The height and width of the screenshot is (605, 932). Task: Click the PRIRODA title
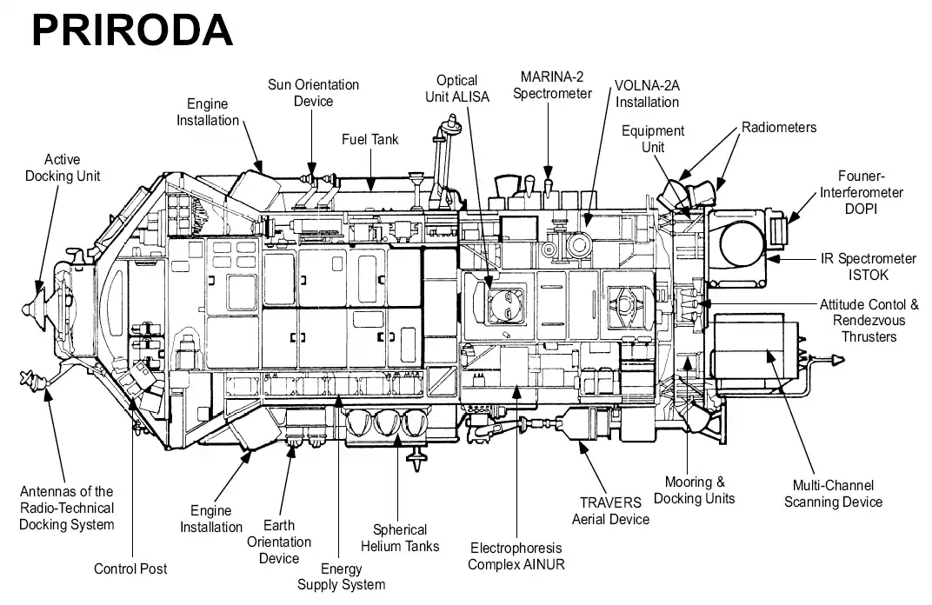pos(132,30)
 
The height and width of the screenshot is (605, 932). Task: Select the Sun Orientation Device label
pos(313,93)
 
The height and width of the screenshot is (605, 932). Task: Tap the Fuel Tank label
pos(370,139)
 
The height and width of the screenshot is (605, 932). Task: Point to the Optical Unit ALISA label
pos(457,89)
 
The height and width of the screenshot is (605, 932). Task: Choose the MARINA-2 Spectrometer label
pos(552,84)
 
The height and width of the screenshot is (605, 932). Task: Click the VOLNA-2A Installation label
pos(648,94)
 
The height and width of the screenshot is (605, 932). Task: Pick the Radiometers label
pos(779,128)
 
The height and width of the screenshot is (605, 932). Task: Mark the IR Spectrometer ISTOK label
pos(869,267)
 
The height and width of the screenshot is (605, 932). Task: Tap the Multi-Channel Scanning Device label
pos(833,494)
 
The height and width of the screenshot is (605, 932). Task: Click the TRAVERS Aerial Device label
pos(610,511)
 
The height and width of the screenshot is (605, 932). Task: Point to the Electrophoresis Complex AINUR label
pos(516,556)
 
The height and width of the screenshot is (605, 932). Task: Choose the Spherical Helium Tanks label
pos(401,537)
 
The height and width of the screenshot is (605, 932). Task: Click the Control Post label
pos(130,568)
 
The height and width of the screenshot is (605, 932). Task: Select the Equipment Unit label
pos(653,139)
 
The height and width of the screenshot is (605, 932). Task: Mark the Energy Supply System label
pos(341,576)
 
